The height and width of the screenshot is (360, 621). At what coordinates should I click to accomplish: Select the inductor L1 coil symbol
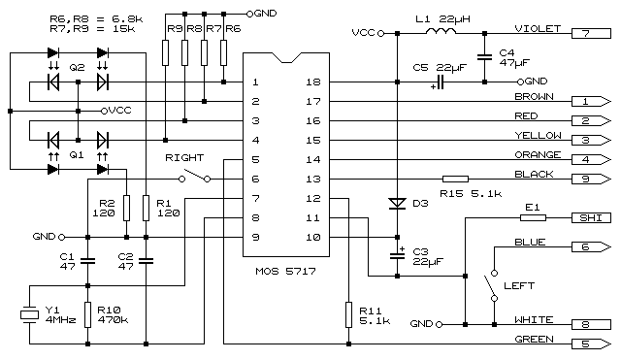(442, 33)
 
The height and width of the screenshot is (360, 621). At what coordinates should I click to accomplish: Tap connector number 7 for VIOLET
(586, 33)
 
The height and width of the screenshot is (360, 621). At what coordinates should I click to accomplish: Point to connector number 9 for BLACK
(586, 179)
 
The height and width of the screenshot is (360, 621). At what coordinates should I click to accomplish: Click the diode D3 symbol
(396, 204)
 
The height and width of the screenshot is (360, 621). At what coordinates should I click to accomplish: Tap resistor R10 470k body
(87, 313)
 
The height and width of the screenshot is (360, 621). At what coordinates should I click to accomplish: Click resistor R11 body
(346, 314)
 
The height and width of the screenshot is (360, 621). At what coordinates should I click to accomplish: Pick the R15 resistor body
(455, 179)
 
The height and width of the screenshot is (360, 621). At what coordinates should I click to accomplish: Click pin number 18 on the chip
(312, 82)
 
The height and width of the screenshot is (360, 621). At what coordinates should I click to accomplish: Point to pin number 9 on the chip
(254, 237)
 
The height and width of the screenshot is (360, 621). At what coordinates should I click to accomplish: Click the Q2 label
(77, 66)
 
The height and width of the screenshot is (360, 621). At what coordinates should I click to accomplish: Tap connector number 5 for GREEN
(586, 343)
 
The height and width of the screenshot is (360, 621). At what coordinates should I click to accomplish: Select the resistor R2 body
(126, 207)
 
